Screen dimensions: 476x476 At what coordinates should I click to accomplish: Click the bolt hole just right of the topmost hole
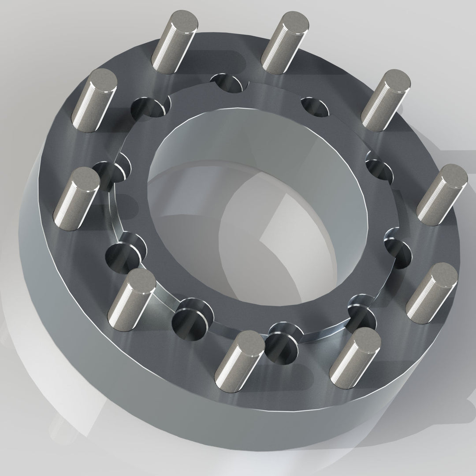(314, 106)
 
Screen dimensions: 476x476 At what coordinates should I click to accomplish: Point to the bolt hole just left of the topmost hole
(150, 108)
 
